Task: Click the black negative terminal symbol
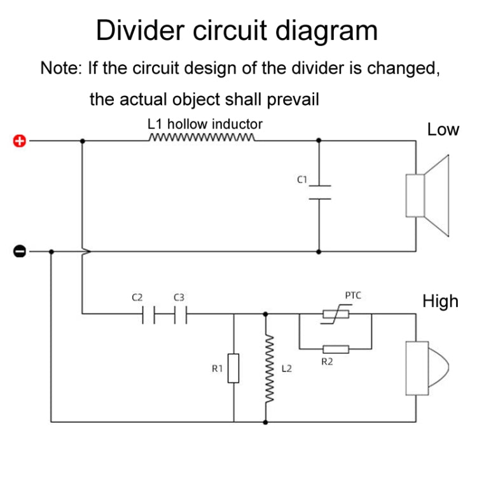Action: click(20, 251)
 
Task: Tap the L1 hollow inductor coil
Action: click(202, 137)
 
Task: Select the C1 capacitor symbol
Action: click(319, 191)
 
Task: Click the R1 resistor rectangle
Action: click(234, 368)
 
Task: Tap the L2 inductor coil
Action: click(266, 369)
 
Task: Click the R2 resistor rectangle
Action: click(335, 349)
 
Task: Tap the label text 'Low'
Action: click(443, 130)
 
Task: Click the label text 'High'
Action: click(440, 301)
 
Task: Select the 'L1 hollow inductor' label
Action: click(204, 123)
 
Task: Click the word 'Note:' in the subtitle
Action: click(61, 68)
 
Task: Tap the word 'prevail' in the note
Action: click(293, 99)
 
